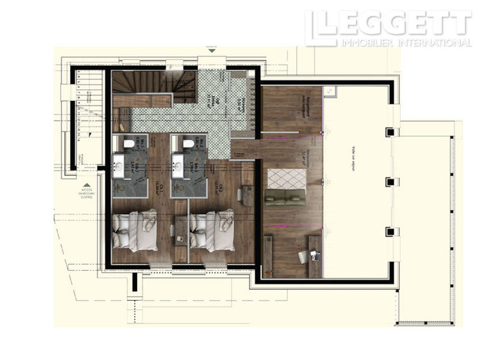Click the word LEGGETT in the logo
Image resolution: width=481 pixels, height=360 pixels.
396,24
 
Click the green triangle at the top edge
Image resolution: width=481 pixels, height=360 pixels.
212,50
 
